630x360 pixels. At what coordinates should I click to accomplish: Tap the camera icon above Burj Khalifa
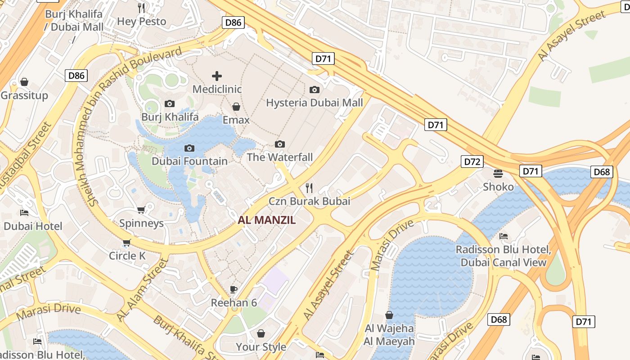point(170,104)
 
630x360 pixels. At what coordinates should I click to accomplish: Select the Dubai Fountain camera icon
point(189,148)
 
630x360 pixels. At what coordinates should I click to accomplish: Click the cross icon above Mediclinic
point(217,76)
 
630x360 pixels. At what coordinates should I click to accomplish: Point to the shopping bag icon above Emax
point(236,107)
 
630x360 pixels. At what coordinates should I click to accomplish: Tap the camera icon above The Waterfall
point(280,144)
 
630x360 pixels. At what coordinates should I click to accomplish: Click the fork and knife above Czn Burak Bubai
point(309,188)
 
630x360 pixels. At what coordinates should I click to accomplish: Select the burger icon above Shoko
point(498,173)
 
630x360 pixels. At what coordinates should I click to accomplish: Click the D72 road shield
point(472,161)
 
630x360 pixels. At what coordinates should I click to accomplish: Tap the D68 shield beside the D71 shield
point(602,172)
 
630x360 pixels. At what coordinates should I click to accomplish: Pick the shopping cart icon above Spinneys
point(141,210)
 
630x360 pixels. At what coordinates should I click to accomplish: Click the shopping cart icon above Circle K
point(126,243)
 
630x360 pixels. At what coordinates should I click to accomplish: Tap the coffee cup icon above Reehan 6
point(233,289)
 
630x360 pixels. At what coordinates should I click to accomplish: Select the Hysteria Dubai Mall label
point(314,103)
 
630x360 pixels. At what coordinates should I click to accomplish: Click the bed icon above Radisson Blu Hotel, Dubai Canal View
point(504,236)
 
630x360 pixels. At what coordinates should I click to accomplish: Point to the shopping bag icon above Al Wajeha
point(389,315)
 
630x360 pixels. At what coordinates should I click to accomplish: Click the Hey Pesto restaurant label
point(141,21)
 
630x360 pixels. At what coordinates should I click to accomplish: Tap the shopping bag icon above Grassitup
point(24,82)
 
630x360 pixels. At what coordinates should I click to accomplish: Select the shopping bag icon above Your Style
point(261,333)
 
